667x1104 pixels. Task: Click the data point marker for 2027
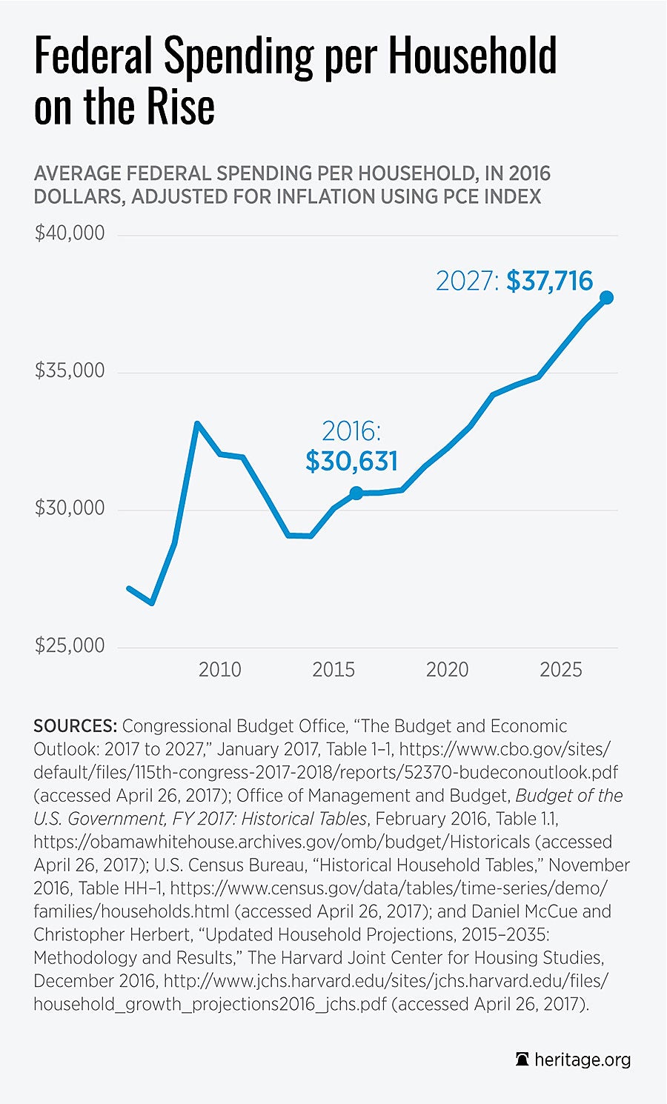tap(606, 297)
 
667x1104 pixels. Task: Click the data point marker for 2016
tap(356, 493)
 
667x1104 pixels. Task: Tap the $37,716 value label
tap(550, 281)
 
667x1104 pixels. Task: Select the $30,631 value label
tap(352, 461)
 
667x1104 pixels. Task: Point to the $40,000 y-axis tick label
tap(70, 233)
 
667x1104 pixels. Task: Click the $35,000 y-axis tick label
tap(70, 370)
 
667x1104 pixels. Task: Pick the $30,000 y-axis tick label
tap(70, 508)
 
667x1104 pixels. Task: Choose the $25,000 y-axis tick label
tap(70, 645)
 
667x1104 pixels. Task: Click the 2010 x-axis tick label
tap(219, 670)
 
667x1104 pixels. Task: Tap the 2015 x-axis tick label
tap(333, 670)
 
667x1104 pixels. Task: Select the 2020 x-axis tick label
tap(447, 670)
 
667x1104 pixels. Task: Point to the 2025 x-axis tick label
tap(561, 670)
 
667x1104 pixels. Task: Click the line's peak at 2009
tap(197, 424)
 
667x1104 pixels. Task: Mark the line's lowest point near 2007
tap(152, 603)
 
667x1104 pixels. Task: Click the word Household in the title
tap(472, 56)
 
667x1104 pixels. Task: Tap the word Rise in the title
tap(181, 107)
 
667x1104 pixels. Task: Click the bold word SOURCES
tap(75, 726)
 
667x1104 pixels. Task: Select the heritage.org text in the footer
tap(583, 1060)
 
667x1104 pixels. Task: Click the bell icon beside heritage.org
tap(522, 1060)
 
